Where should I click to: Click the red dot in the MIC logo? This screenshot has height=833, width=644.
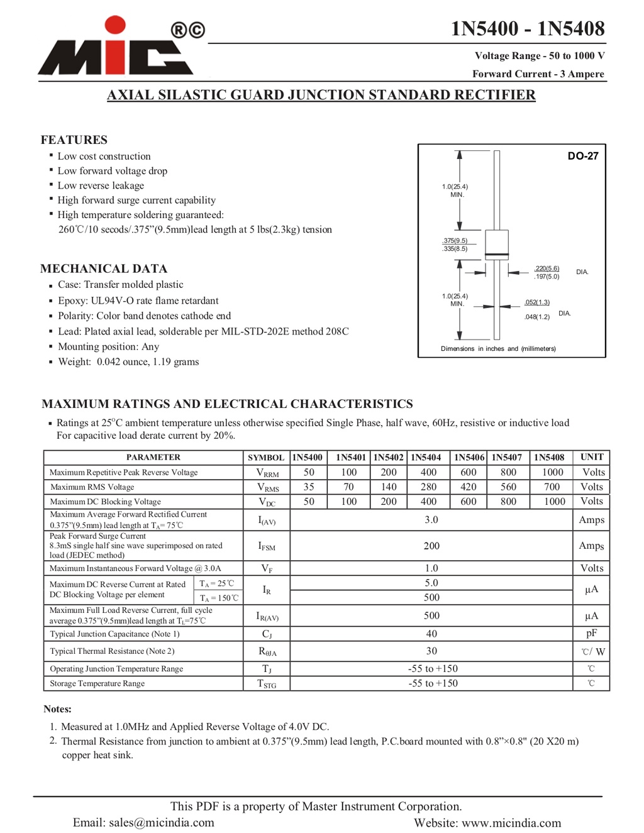point(115,26)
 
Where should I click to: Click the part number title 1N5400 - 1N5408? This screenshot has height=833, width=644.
point(527,29)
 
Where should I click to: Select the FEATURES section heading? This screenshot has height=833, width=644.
point(74,140)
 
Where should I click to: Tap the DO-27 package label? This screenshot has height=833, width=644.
point(582,156)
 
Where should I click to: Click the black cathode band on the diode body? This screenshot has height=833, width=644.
point(497,255)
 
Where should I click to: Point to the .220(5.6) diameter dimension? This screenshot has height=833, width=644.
point(546,268)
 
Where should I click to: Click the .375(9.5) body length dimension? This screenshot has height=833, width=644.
point(455,241)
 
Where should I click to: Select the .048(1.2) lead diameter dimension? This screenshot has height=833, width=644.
point(536,317)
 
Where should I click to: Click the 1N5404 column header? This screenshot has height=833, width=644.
point(426,458)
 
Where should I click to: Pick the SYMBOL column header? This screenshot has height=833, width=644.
point(266,458)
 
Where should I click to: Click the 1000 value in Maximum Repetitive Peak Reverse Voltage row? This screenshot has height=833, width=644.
point(552,472)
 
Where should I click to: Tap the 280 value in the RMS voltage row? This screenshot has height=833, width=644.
point(428,487)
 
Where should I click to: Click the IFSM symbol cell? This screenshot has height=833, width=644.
point(267,546)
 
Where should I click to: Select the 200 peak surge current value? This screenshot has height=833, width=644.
point(431,546)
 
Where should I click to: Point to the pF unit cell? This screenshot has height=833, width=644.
point(591,633)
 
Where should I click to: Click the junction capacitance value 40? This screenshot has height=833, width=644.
point(431,634)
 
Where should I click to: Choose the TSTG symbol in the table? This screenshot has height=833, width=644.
point(267,683)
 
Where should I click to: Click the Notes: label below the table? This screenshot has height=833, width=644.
point(57,709)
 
